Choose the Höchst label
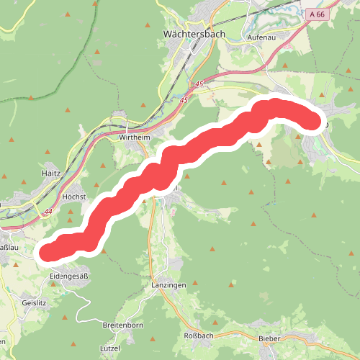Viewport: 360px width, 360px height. click(x=74, y=196)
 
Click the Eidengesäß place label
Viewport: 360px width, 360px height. click(x=69, y=276)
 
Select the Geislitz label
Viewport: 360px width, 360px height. click(x=34, y=303)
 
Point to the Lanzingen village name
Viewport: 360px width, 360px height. click(x=169, y=285)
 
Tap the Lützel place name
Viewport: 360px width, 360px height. click(x=110, y=347)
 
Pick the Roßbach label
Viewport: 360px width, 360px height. click(x=199, y=336)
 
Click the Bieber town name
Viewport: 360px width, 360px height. click(x=269, y=336)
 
